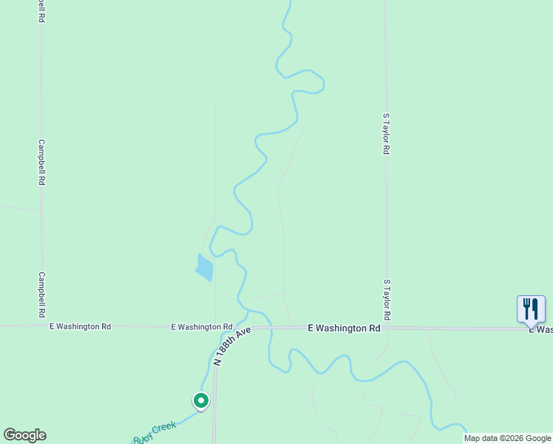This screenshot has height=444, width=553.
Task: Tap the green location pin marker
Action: pyautogui.click(x=200, y=400)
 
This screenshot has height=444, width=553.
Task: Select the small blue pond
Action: pyautogui.click(x=204, y=267)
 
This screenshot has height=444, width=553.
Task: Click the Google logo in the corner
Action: pyautogui.click(x=24, y=435)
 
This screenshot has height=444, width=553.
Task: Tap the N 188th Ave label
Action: pyautogui.click(x=233, y=345)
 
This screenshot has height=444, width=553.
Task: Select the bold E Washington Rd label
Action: pyautogui.click(x=344, y=328)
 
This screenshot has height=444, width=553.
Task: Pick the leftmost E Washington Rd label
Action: pyautogui.click(x=80, y=326)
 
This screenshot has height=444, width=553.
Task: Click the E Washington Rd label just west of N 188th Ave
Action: pyautogui.click(x=202, y=326)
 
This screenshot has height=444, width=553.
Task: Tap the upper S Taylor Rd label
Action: pyautogui.click(x=386, y=133)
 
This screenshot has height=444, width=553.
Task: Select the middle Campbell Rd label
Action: pyautogui.click(x=42, y=162)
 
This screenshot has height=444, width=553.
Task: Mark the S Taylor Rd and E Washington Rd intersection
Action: pyautogui.click(x=386, y=328)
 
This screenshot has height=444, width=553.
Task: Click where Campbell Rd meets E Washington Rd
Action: pyautogui.click(x=42, y=325)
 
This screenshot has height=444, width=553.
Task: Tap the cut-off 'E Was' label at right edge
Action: pyautogui.click(x=540, y=329)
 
